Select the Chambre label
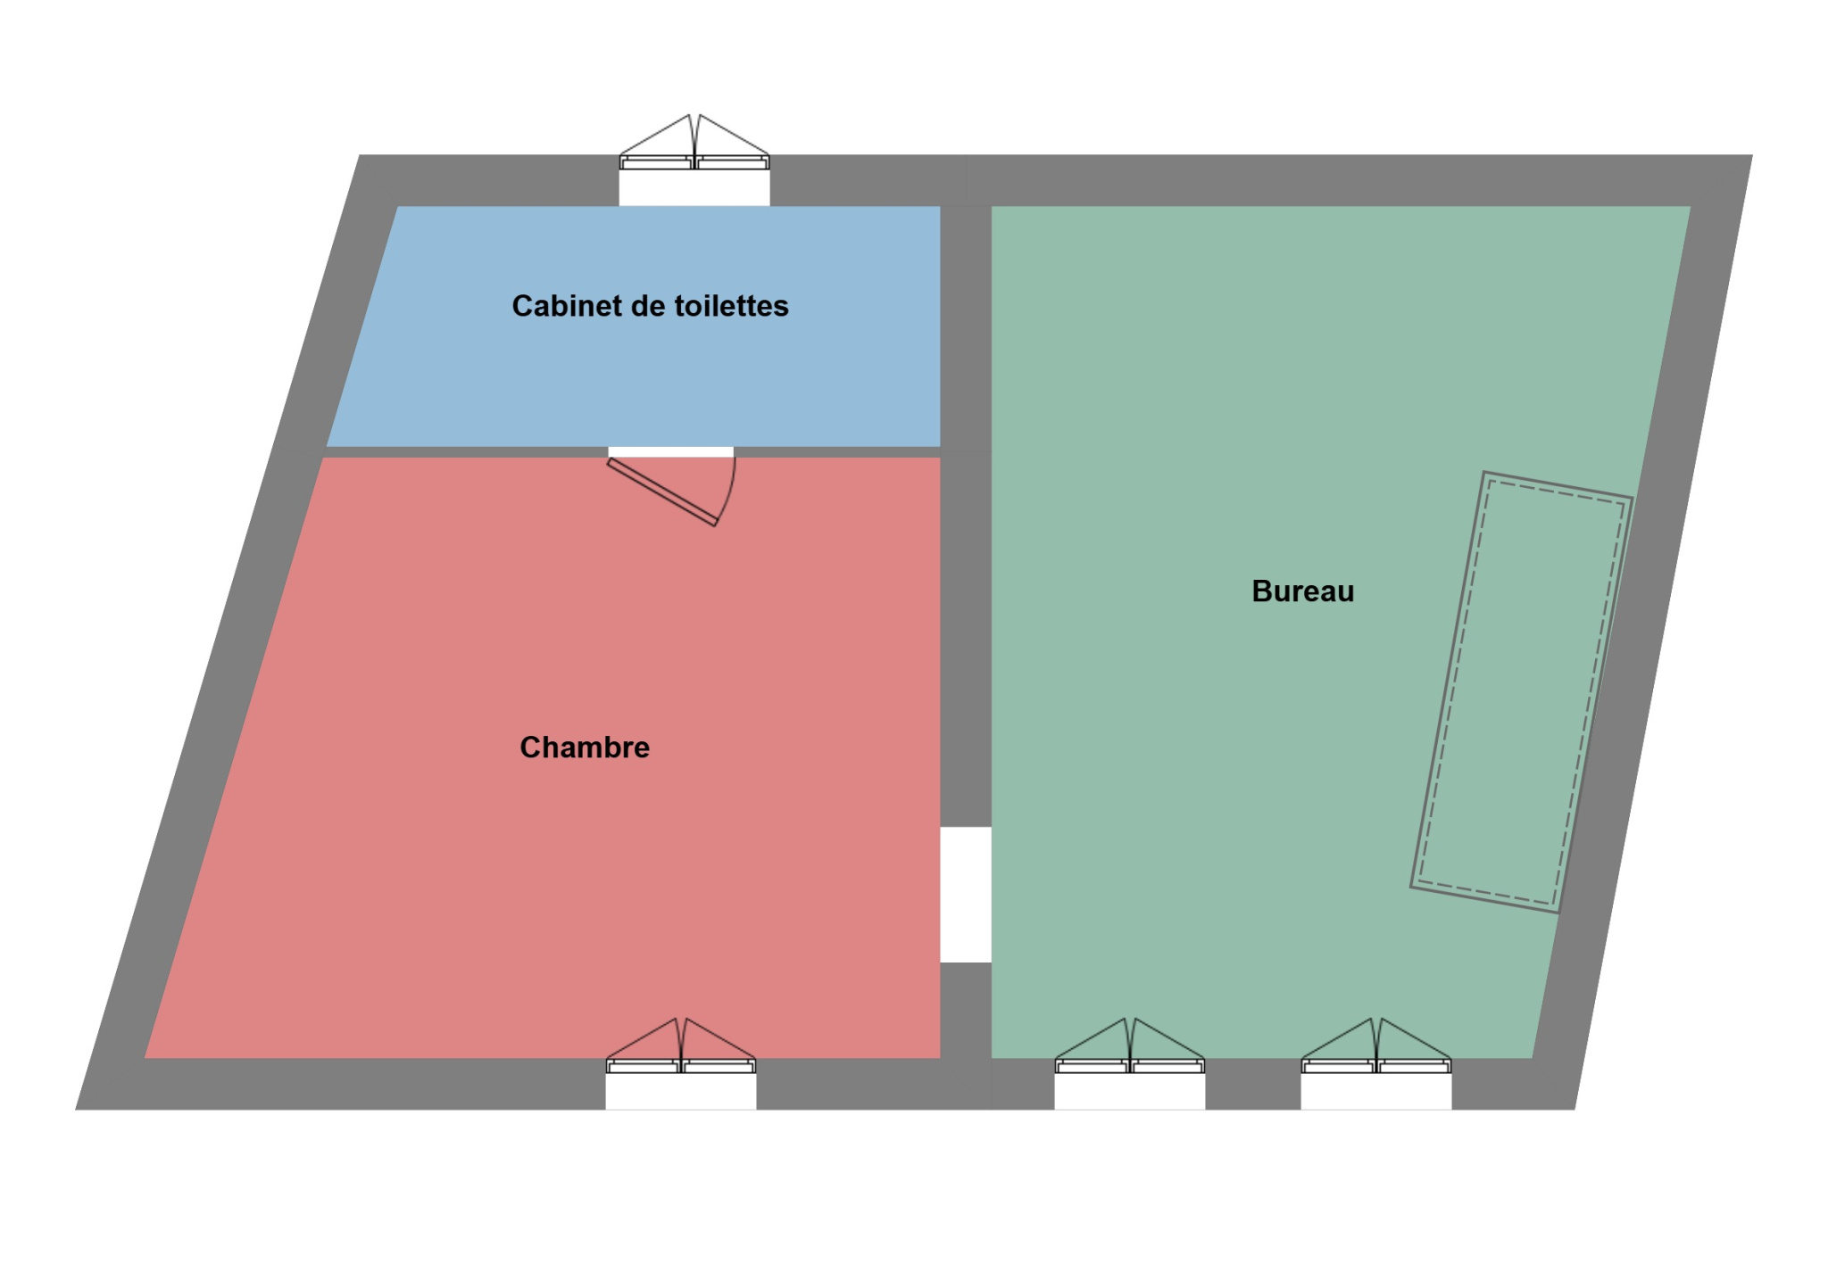click(585, 748)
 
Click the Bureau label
click(1302, 591)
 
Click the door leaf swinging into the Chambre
click(661, 492)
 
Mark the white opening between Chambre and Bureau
click(966, 895)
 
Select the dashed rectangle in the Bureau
click(1521, 692)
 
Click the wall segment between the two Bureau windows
click(1253, 1084)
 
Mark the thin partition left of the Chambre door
click(464, 452)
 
